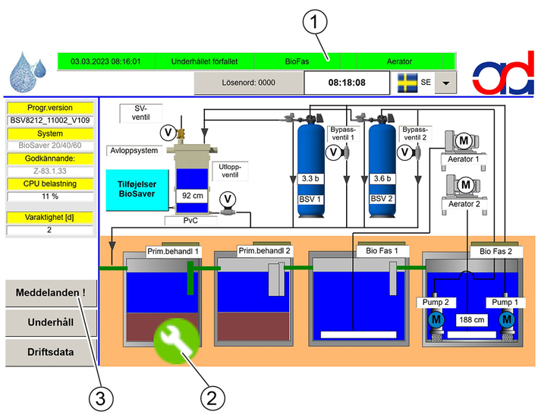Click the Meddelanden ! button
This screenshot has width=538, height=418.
[51, 293]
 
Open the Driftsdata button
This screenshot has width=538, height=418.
[51, 352]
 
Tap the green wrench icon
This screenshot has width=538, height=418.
[176, 341]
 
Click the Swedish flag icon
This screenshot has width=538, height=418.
[407, 83]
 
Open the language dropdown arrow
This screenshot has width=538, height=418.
[445, 83]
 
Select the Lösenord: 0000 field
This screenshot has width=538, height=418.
[248, 83]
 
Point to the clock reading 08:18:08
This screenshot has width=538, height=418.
[347, 83]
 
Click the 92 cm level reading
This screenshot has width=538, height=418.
[192, 196]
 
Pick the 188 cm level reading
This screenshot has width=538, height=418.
[472, 320]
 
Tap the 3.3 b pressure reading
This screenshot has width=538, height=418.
[310, 178]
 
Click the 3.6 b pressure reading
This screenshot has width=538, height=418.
[382, 178]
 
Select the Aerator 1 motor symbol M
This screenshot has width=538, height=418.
[464, 140]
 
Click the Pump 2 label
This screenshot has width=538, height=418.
[436, 303]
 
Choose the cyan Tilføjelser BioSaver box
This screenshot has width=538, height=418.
[137, 190]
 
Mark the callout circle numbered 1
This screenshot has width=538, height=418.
[315, 21]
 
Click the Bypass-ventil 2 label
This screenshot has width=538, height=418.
[415, 134]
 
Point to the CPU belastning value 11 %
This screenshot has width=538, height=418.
[50, 196]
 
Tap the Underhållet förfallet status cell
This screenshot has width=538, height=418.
[204, 61]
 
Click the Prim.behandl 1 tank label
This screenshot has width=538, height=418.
[173, 252]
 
